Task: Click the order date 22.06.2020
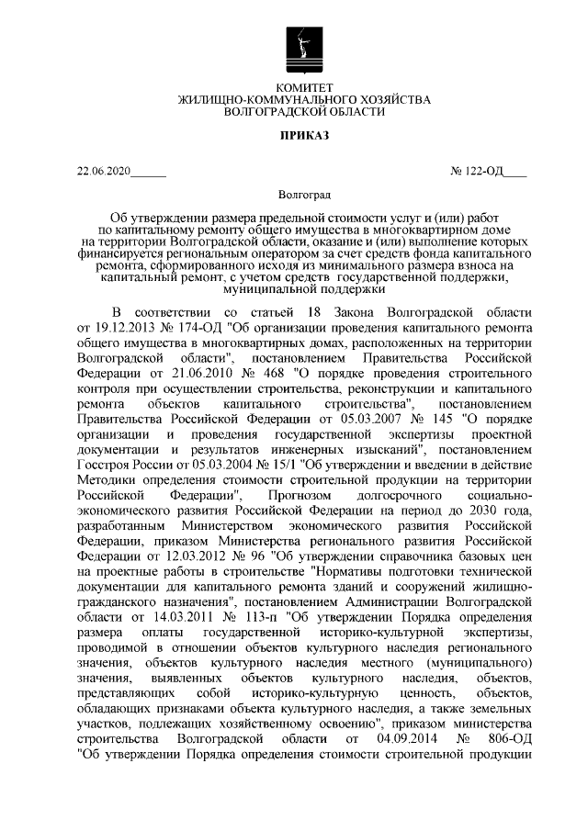coord(105,171)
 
